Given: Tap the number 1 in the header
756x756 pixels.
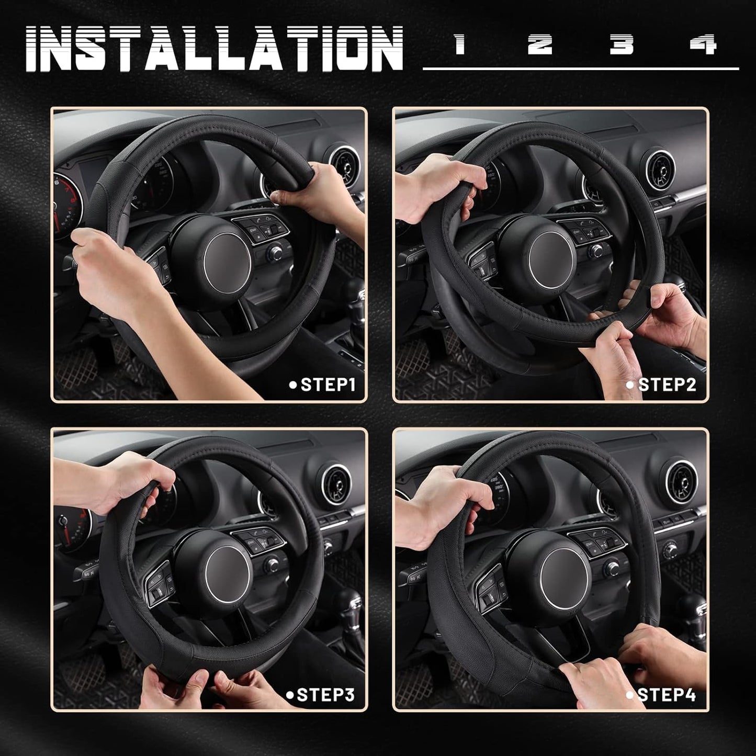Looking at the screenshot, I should point(460,45).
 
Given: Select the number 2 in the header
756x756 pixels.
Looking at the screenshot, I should point(539,45).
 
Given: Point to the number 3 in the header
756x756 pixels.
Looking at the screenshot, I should point(621,45).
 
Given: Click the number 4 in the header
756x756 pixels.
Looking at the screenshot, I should point(703,45).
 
